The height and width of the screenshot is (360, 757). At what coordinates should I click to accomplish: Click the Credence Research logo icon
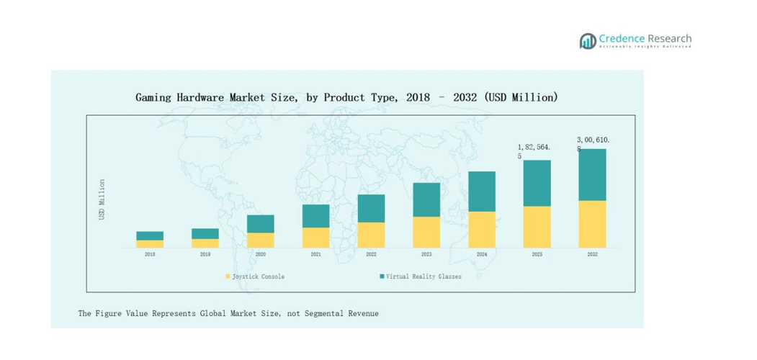(x=588, y=41)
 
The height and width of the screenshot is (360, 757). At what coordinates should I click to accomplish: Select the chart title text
(x=346, y=96)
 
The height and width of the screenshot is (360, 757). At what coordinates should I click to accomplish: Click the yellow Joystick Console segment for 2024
(x=482, y=230)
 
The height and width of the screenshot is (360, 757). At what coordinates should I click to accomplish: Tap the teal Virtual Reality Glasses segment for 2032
(x=592, y=175)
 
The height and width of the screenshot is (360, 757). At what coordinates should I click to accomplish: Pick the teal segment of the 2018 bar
(x=150, y=235)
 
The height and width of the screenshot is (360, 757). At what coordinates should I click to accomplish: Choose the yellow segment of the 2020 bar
(x=261, y=240)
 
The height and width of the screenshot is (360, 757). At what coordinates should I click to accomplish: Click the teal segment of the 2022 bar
(x=371, y=208)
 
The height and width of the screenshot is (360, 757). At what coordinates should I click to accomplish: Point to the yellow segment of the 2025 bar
(x=537, y=227)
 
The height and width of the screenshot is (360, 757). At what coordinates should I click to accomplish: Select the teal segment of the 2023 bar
(x=426, y=199)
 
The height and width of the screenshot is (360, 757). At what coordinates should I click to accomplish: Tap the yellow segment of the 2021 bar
(x=315, y=238)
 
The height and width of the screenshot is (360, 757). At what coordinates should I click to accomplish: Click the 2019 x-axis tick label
(x=205, y=254)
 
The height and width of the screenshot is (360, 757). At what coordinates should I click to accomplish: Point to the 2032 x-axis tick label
(x=592, y=254)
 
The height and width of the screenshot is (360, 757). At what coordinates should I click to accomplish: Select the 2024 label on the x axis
(x=482, y=254)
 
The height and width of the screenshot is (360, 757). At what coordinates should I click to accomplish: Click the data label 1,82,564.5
(x=534, y=150)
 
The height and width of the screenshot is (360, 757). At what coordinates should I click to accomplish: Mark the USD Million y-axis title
(x=102, y=199)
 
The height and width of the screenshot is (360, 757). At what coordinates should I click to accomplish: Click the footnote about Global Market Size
(x=228, y=313)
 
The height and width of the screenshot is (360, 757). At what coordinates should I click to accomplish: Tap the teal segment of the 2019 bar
(x=205, y=233)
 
